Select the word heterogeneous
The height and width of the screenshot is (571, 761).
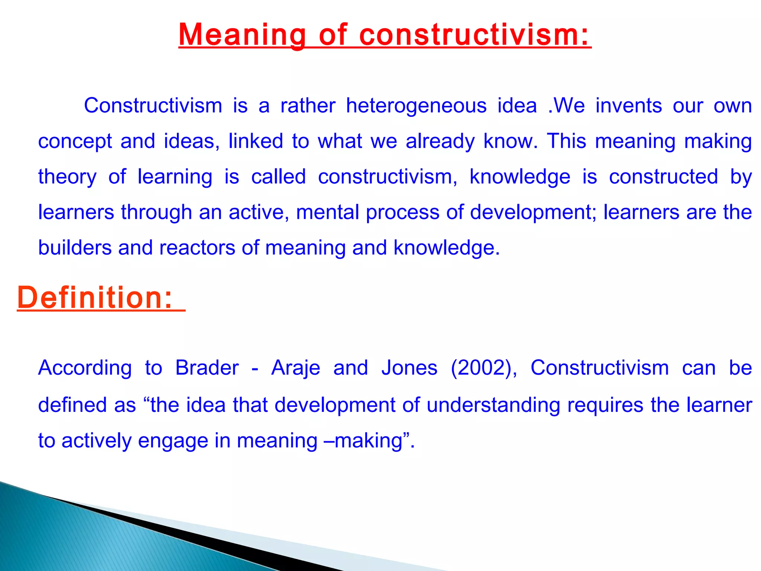click(416, 106)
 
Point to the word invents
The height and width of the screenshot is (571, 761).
click(629, 106)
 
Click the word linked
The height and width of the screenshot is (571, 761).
click(256, 141)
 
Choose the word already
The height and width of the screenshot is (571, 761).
click(440, 142)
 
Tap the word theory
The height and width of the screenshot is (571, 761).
click(67, 177)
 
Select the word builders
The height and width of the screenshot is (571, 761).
click(75, 248)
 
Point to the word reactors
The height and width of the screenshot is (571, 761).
click(197, 248)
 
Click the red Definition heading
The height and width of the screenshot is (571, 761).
click(95, 298)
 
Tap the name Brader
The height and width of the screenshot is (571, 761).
click(207, 368)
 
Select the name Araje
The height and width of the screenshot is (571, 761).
click(295, 368)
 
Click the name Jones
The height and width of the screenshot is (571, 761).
click(409, 368)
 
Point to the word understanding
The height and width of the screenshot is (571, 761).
click(493, 405)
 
